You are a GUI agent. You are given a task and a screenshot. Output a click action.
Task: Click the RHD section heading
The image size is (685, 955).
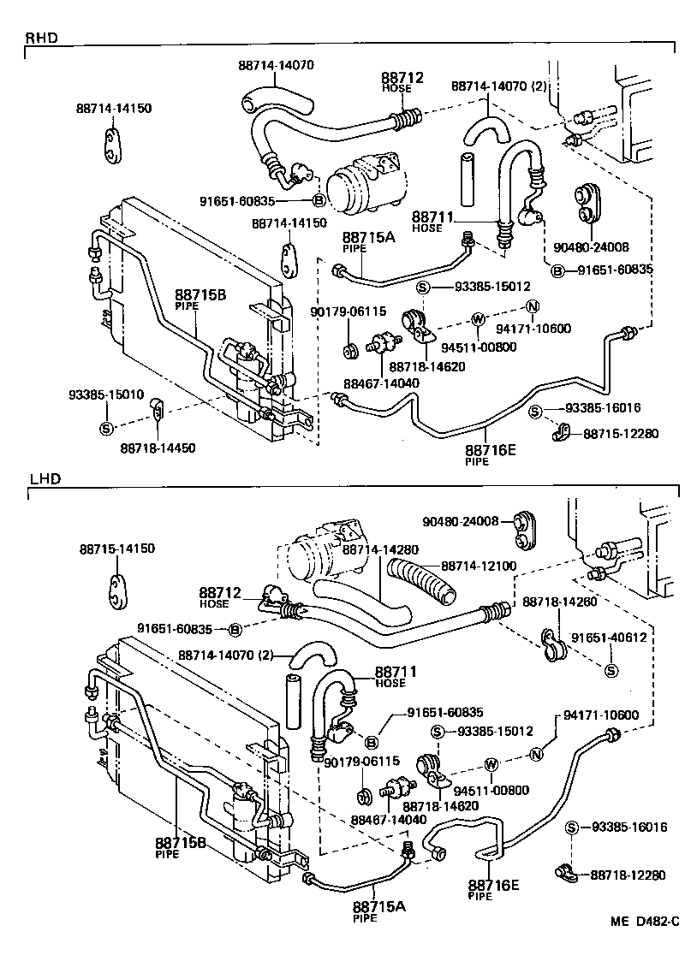point(40,39)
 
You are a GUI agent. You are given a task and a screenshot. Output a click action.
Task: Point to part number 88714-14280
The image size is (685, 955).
point(381,549)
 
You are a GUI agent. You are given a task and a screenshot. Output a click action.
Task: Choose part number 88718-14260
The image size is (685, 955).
point(559,602)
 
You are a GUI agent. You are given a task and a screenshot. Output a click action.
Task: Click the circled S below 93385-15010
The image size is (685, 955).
point(106,428)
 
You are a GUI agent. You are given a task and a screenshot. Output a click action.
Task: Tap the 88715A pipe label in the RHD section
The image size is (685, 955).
point(368,238)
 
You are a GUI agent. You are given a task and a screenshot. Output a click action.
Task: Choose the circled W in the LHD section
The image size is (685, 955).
point(491,764)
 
